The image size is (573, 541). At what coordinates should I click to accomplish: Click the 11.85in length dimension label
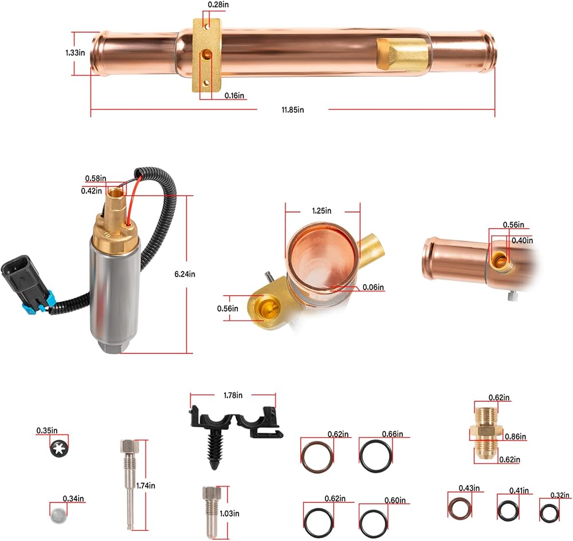[x=292, y=110]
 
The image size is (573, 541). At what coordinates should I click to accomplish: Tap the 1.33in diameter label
[x=75, y=53]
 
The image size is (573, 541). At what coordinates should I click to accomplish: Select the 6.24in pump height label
[x=185, y=274]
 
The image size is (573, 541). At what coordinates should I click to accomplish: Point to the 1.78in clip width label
[x=233, y=396]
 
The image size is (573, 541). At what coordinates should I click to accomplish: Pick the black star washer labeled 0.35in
[x=59, y=448]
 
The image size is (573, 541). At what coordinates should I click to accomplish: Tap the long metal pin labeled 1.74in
[x=129, y=484]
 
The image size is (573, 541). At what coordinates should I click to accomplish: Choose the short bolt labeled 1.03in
[x=211, y=512]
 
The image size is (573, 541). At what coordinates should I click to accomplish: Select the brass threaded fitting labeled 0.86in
[x=487, y=434]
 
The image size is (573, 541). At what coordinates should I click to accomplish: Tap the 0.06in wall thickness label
[x=373, y=287]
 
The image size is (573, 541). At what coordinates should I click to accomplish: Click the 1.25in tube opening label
[x=321, y=211]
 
